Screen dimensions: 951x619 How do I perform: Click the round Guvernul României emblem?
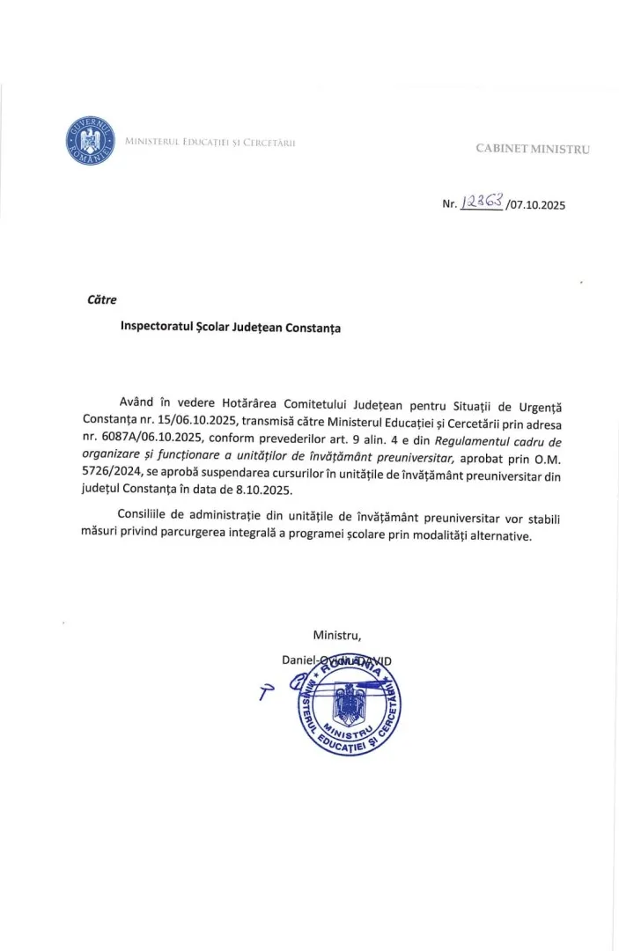[x=90, y=140]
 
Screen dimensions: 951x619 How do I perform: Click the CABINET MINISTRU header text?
[x=533, y=149]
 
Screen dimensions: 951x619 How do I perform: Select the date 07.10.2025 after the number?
[x=536, y=205]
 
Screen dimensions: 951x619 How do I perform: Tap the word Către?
[x=102, y=299]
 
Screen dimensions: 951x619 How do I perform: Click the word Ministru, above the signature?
[x=336, y=635]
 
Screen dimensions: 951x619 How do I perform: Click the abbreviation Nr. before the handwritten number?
[x=450, y=204]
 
